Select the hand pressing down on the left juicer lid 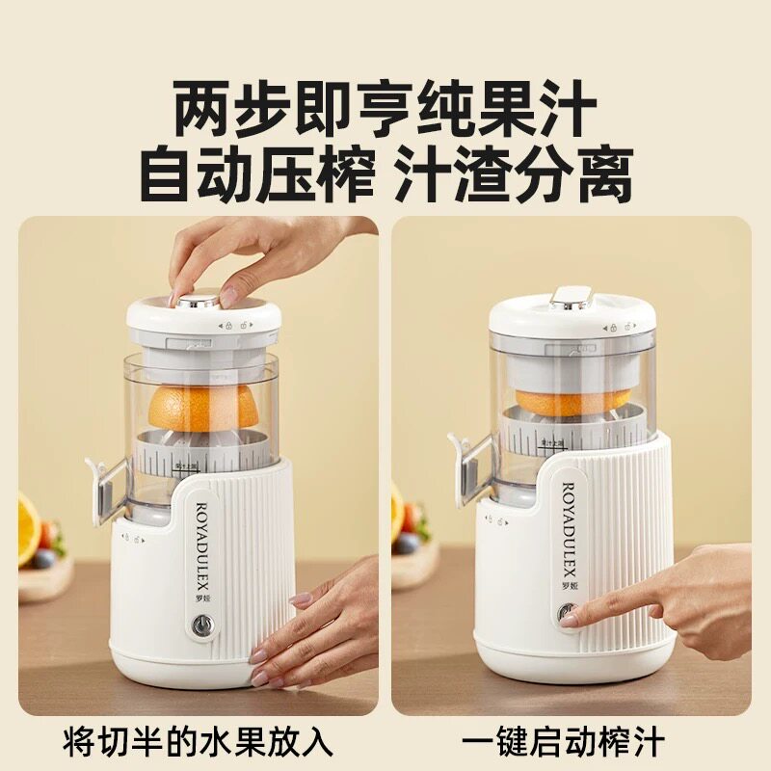tap(251, 255)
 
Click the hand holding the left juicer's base tap(318, 626)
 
